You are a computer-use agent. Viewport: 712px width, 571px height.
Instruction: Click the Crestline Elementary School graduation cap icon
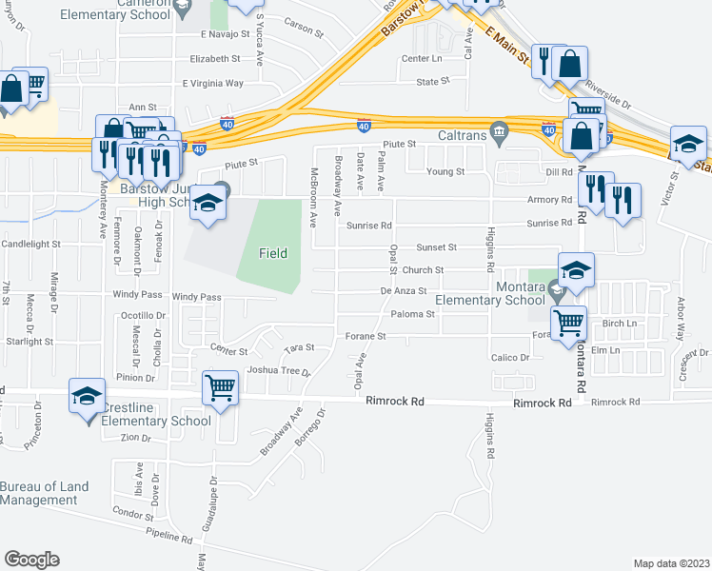click(x=86, y=394)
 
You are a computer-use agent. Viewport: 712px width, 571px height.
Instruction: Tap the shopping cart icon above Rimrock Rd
click(x=221, y=386)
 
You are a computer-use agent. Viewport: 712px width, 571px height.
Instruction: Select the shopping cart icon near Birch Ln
click(x=568, y=323)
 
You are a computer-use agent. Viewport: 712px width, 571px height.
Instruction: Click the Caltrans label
click(x=463, y=135)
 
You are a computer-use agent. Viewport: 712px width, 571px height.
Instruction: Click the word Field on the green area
click(x=274, y=253)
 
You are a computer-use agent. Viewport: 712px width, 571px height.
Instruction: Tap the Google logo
click(x=31, y=560)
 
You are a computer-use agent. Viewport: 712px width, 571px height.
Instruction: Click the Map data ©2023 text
click(x=671, y=562)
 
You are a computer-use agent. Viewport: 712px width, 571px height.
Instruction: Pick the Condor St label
click(x=132, y=510)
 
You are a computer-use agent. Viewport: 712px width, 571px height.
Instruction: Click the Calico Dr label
click(x=509, y=358)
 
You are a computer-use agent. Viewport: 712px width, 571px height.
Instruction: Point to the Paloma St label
click(x=412, y=314)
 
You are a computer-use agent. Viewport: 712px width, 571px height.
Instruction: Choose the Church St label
click(x=424, y=270)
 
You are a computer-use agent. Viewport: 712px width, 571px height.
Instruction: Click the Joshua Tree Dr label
click(x=279, y=370)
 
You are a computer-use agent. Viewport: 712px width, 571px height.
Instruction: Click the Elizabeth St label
click(x=215, y=59)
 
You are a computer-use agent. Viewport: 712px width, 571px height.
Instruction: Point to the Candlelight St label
click(x=30, y=245)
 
